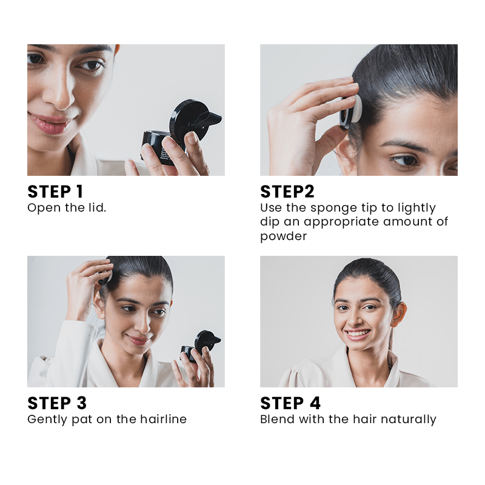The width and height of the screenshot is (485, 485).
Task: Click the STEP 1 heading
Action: tap(55, 192)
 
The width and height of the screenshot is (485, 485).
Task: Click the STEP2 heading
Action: tap(287, 192)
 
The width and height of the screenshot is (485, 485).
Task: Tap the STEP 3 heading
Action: tap(57, 403)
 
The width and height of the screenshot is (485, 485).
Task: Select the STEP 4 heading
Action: tap(290, 403)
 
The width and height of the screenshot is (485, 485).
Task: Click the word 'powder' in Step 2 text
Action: tap(283, 236)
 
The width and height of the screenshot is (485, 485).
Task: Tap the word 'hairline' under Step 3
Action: tap(163, 419)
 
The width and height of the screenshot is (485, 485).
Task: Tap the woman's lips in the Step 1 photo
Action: tap(50, 123)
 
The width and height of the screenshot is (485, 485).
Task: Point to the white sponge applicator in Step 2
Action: tap(355, 109)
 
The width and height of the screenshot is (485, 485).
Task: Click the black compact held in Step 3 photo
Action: tap(200, 345)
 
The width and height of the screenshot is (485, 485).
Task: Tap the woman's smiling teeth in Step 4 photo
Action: tap(358, 334)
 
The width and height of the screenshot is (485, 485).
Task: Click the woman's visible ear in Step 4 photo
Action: tap(399, 315)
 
